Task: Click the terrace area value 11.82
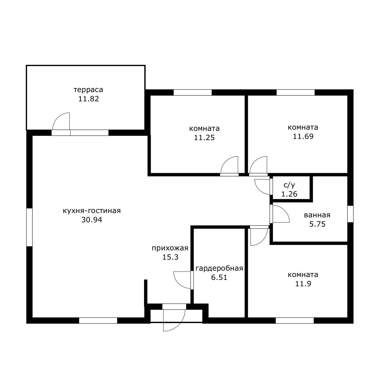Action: [x=88, y=99]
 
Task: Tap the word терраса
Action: [x=88, y=90]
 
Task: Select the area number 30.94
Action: [x=92, y=220]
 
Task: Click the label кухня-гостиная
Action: [x=92, y=211]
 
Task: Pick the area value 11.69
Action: [x=303, y=136]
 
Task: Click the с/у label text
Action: [x=289, y=185]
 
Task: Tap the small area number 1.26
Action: [x=289, y=194]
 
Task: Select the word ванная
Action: [x=317, y=215]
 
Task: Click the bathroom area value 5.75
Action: [x=317, y=224]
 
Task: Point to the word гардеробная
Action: [x=219, y=268]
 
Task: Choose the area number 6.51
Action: [x=219, y=278]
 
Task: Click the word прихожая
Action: [x=170, y=248]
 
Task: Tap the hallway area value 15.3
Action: [x=170, y=257]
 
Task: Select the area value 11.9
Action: [x=303, y=284]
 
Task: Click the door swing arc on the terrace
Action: [x=57, y=118]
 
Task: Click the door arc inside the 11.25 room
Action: [x=226, y=162]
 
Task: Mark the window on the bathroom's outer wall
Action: [x=350, y=214]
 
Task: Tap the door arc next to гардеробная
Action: [x=179, y=283]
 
